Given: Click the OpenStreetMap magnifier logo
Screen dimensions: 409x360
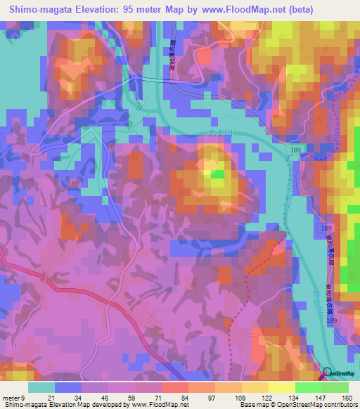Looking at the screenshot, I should [328, 373].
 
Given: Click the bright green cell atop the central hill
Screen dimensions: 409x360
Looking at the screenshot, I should [217, 173].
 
